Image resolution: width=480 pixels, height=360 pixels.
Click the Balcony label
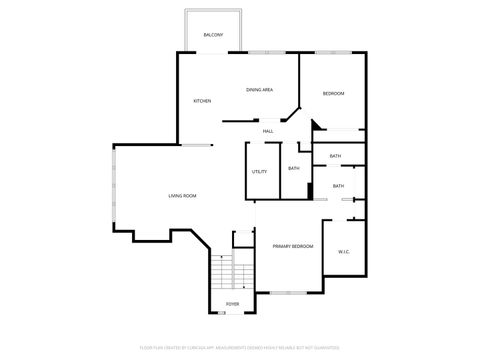click(213, 35)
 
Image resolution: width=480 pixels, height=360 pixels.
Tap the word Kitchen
click(202, 101)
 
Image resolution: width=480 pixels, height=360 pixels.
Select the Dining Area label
click(260, 90)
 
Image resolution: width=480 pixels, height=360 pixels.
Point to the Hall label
click(268, 131)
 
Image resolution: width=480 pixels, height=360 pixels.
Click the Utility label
click(259, 172)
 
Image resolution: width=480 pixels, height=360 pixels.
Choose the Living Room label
click(182, 195)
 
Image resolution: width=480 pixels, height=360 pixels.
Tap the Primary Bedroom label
click(293, 246)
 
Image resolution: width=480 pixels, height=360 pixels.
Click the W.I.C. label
click(343, 251)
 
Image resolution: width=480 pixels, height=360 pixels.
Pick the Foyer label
click(232, 303)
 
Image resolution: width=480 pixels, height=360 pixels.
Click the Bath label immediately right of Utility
click(293, 168)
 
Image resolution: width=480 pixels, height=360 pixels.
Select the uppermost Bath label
click(335, 156)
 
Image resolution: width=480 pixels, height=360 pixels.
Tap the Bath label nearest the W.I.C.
click(338, 186)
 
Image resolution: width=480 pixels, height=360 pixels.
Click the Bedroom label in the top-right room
click(333, 93)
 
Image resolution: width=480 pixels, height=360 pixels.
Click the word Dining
click(254, 90)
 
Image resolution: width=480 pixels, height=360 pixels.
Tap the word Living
click(175, 195)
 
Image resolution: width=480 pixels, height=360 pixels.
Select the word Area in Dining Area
click(268, 90)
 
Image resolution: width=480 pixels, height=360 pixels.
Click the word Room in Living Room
click(190, 195)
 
